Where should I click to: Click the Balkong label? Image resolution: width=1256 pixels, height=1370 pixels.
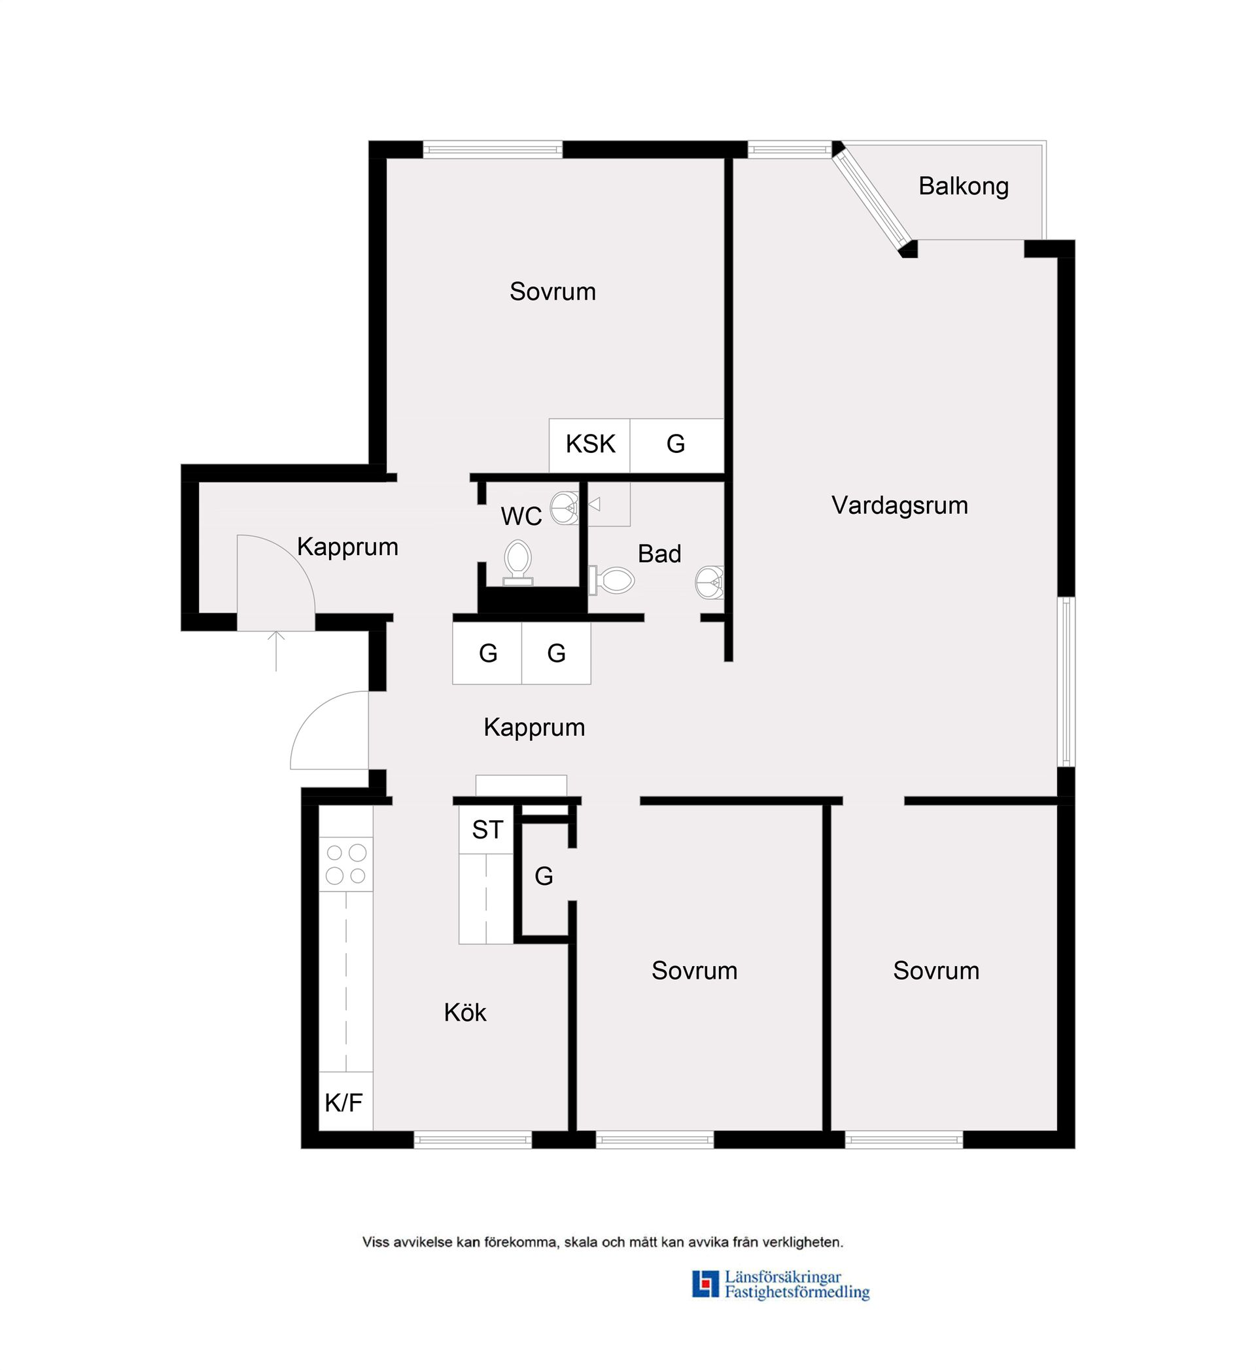coord(963,186)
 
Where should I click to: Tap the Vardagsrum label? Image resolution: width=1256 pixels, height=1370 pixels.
coord(899,505)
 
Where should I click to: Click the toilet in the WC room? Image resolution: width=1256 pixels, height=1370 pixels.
coord(518,562)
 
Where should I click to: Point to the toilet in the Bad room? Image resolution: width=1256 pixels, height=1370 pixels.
coord(612,580)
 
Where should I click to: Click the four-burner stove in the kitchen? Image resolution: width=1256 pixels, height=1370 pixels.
coord(346,863)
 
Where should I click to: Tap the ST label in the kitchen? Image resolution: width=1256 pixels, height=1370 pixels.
coord(487,829)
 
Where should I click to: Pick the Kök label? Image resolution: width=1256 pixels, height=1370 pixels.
coord(465,1013)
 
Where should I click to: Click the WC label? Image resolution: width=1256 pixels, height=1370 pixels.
coord(521,516)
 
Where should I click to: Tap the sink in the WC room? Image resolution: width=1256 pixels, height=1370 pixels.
coord(565,508)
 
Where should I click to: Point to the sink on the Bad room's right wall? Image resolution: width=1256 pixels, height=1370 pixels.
coord(710,582)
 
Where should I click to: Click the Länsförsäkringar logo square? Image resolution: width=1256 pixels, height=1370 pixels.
coord(705,1283)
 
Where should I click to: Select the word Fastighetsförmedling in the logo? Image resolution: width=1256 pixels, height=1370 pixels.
coord(797,1292)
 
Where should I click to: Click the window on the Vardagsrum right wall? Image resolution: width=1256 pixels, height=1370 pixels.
coord(1066,682)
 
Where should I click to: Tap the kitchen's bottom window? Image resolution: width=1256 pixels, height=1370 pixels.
coord(473,1140)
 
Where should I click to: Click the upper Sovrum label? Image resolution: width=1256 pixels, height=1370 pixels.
coord(553,292)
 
